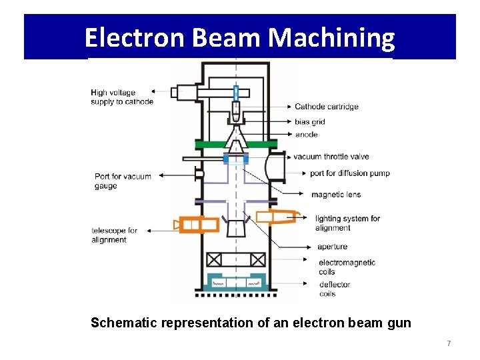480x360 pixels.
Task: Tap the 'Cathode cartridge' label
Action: (x=327, y=107)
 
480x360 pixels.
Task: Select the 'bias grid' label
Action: (x=310, y=121)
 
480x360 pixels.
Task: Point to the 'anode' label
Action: (x=306, y=135)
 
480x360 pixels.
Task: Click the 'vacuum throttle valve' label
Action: (x=331, y=157)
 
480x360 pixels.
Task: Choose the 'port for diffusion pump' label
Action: (x=350, y=173)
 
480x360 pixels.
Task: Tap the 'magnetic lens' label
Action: (x=336, y=195)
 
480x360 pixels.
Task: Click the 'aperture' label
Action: (x=333, y=247)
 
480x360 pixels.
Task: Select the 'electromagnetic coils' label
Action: (x=347, y=267)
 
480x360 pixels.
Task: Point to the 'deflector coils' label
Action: (x=335, y=289)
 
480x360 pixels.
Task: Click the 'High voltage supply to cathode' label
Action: (x=122, y=97)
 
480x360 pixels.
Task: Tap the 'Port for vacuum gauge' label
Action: (x=123, y=181)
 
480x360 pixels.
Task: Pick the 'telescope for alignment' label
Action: (x=114, y=235)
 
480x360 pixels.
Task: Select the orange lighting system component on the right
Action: (x=277, y=217)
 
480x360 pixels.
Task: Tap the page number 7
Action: (x=449, y=343)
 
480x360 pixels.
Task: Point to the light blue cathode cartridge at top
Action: (x=235, y=93)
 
